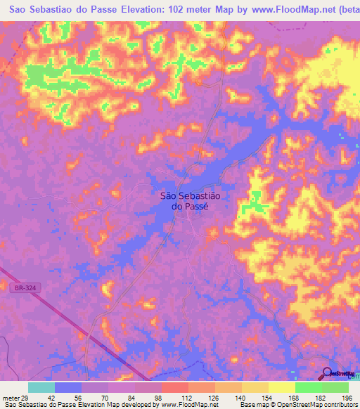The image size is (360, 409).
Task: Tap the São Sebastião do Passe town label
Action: click(186, 202)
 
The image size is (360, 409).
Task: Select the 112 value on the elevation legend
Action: click(188, 398)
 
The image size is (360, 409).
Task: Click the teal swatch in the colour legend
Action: click(41, 387)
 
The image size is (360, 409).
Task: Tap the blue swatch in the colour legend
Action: click(68, 387)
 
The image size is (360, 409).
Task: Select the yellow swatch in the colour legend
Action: click(281, 387)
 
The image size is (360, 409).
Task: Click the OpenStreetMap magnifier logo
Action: click(326, 374)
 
